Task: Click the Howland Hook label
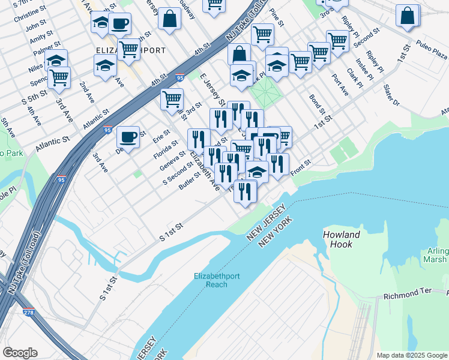pos(342,239)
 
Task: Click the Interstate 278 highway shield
pos(29,312)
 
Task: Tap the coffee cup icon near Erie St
pos(128,137)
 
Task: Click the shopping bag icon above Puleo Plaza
pos(408,17)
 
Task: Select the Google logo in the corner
pos(20,353)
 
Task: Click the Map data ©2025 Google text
pos(412,355)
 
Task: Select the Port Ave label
pos(340,85)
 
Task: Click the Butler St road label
pos(188,181)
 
